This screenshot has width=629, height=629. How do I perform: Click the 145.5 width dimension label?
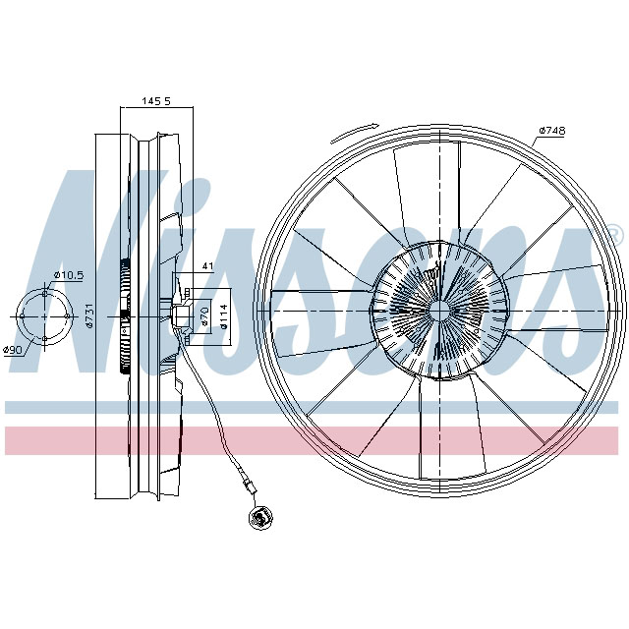(x=156, y=100)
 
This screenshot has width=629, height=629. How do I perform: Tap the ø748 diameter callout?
(x=551, y=131)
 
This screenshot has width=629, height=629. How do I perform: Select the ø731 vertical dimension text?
(x=88, y=315)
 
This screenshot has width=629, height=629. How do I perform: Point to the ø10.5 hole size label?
(x=68, y=274)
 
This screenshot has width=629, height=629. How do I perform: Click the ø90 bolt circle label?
(x=13, y=350)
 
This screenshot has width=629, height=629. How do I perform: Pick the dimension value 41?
(x=207, y=266)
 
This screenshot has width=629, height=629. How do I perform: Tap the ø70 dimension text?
(x=204, y=315)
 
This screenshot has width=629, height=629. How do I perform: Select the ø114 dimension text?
(x=223, y=315)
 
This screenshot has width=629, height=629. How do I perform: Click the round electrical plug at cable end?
(x=261, y=517)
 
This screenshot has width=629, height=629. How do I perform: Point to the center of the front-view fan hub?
(x=436, y=310)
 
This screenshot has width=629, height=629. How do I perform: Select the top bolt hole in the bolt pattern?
(x=45, y=292)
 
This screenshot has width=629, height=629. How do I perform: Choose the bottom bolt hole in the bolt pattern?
(x=45, y=339)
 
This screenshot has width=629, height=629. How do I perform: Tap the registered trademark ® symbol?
(x=613, y=234)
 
